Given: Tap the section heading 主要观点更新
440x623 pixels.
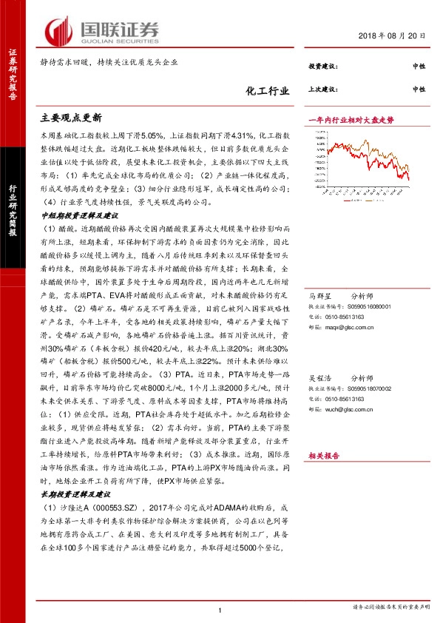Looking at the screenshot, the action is (72, 118).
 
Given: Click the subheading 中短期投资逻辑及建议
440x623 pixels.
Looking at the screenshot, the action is (79, 215).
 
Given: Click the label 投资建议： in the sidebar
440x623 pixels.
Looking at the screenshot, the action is (324, 67).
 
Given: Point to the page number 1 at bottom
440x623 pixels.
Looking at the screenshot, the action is (220, 610).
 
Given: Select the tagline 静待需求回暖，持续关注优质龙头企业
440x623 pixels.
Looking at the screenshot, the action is (109, 62).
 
